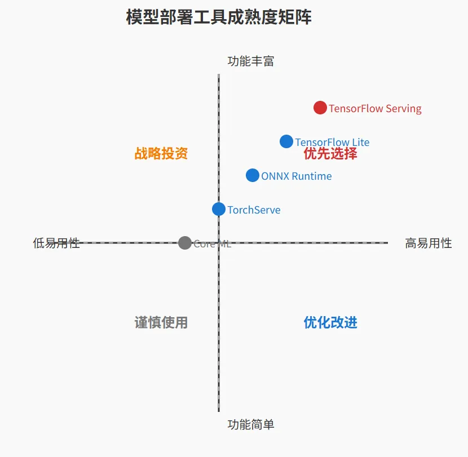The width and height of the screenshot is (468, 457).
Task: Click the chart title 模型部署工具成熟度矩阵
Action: pos(219,17)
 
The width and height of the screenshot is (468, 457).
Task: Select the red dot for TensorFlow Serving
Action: pos(320,108)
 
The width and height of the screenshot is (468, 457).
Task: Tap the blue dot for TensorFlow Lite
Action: pos(286,141)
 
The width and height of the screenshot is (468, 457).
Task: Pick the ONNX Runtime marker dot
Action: pos(253,175)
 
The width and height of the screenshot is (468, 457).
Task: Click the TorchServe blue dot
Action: pos(219,209)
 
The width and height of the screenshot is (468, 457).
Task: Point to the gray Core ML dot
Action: pos(185,243)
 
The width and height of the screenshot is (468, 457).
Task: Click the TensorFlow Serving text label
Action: pos(375,108)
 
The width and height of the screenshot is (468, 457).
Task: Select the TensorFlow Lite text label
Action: pos(332,143)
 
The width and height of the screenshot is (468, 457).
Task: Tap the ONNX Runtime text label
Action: pos(296,176)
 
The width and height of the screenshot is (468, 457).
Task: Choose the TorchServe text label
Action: pos(254,210)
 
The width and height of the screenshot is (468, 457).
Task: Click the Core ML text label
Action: pos(212,243)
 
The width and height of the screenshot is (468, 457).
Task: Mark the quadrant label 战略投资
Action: pos(161,153)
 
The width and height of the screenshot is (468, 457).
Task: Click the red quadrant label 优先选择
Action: pos(330,154)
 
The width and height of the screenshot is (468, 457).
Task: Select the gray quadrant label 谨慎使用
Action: pos(161,322)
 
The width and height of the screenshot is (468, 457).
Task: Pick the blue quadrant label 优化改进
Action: pos(330,322)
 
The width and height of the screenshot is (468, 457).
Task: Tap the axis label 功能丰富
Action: pos(251,61)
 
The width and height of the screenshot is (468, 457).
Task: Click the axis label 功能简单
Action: pos(251,424)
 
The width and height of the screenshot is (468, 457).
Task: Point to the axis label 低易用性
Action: pos(56,243)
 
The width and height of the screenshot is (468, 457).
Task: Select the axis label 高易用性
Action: pos(429,243)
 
